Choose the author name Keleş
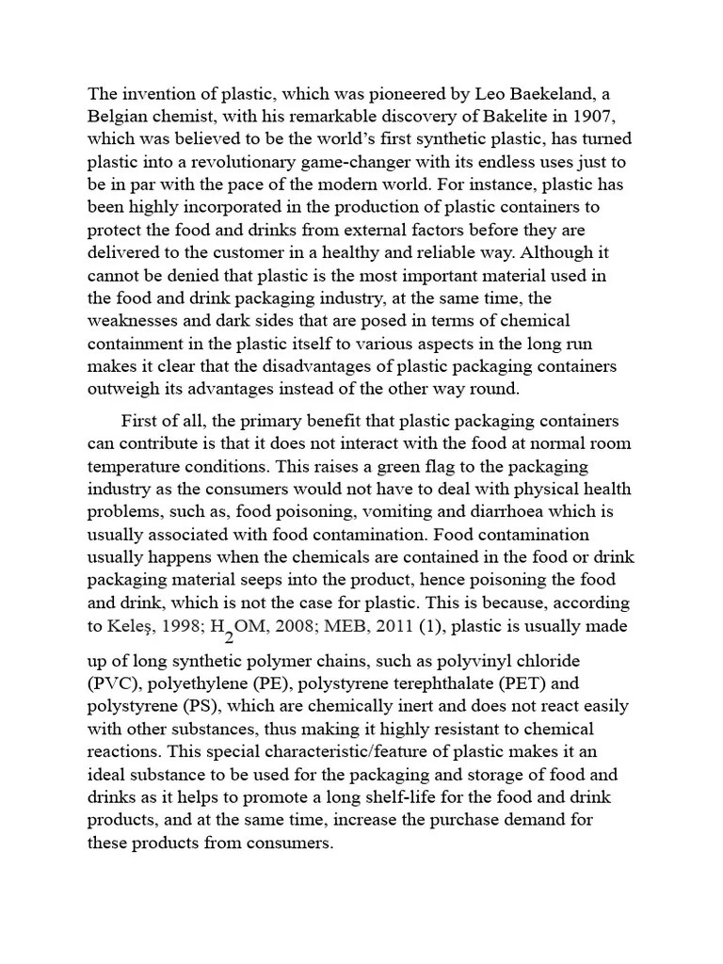pos(135,626)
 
